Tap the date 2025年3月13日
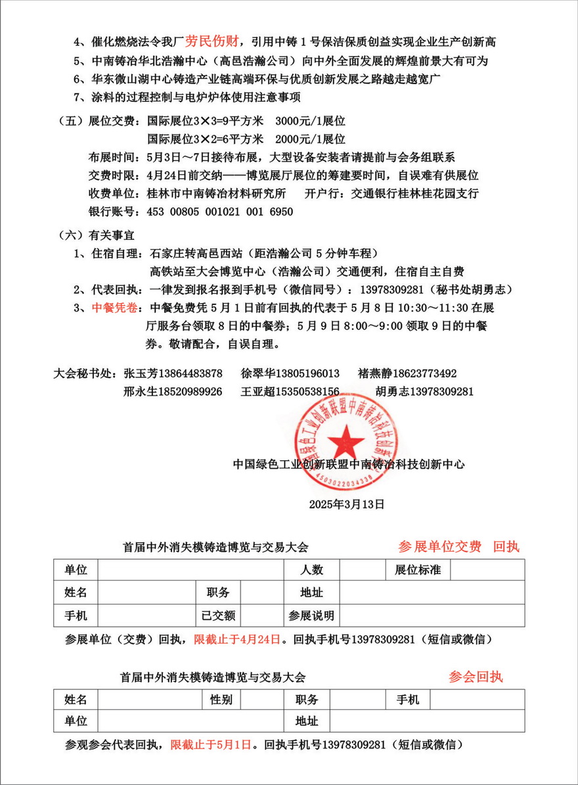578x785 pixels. tap(346, 504)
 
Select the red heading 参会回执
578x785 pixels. tap(476, 677)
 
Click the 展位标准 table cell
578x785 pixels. tap(418, 570)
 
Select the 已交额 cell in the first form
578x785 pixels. tap(219, 615)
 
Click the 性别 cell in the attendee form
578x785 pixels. tap(221, 700)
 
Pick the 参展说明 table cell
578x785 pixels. tap(311, 615)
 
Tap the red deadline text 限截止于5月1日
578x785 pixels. tap(211, 745)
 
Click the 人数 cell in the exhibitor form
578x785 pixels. tap(311, 570)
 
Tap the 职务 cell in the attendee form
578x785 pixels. tap(307, 700)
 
